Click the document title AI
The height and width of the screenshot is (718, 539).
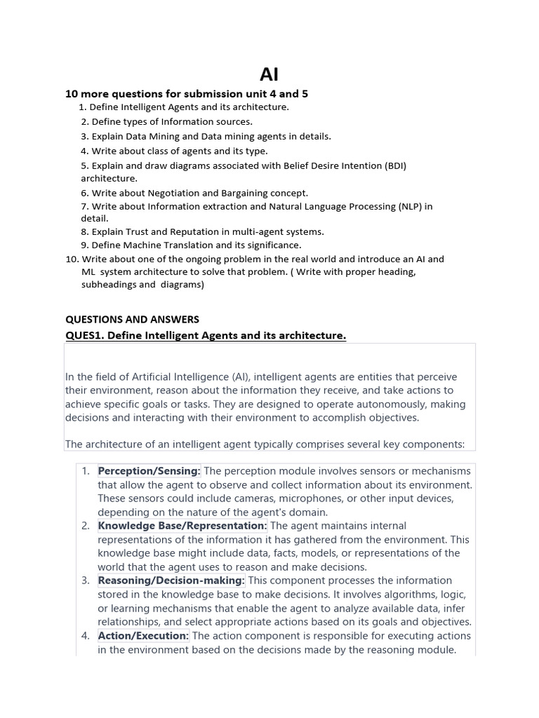[269, 74]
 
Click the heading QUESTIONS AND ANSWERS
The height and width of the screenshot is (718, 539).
[132, 319]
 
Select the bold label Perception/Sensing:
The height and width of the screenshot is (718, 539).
[149, 470]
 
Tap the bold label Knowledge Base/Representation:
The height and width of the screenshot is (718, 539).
[182, 525]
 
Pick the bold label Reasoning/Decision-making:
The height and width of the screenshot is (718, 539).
[171, 581]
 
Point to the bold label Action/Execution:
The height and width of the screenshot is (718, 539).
[143, 636]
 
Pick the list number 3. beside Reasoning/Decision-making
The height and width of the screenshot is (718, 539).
[85, 581]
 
